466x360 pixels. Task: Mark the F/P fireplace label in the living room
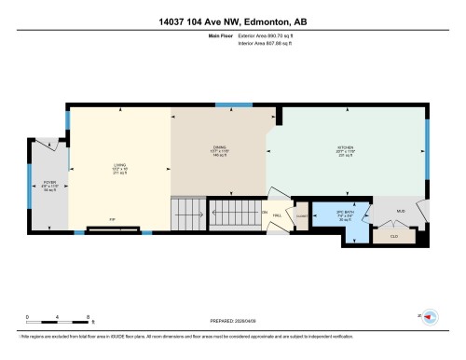coord(112,221)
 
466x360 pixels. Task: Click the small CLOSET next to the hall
coord(301,215)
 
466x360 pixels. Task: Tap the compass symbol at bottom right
coord(431,317)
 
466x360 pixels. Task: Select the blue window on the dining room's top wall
coord(228,104)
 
